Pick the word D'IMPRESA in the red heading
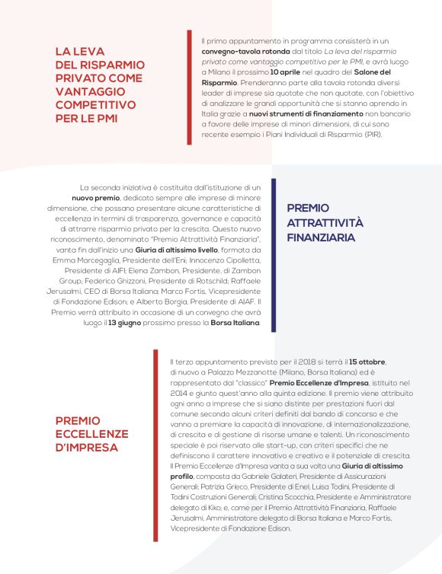pyautogui.click(x=86, y=447)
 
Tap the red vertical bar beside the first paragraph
pyautogui.click(x=189, y=88)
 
